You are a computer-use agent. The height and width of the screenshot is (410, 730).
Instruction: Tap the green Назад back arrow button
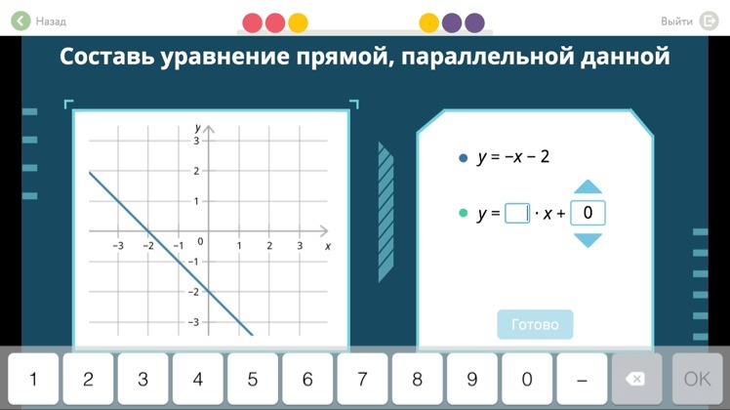tap(20, 20)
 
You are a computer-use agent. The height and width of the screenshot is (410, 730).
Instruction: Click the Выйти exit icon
tap(710, 20)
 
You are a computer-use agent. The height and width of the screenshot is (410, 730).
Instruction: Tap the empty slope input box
tap(517, 214)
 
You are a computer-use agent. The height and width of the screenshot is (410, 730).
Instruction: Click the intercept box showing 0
tap(588, 213)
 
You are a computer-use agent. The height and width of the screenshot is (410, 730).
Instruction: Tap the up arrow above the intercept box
tap(588, 186)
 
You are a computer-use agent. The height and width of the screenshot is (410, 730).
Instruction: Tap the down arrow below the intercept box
tap(588, 240)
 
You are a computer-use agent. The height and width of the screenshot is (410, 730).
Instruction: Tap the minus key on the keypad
tap(582, 379)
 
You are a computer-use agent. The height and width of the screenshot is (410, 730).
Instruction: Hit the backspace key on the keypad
tap(636, 379)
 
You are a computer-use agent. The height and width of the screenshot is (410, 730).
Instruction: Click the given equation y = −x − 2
tap(513, 156)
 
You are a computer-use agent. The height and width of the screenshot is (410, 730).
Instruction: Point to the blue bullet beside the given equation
tap(463, 158)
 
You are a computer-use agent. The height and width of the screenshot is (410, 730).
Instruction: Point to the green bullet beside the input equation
tap(463, 213)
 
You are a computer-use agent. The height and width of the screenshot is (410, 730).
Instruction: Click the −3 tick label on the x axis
tap(118, 246)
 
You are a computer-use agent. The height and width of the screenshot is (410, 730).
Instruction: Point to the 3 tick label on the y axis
tap(196, 141)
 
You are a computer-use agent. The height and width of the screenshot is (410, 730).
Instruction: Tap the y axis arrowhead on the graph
tap(209, 129)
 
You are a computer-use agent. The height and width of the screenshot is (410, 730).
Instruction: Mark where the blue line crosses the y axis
tap(209, 292)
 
